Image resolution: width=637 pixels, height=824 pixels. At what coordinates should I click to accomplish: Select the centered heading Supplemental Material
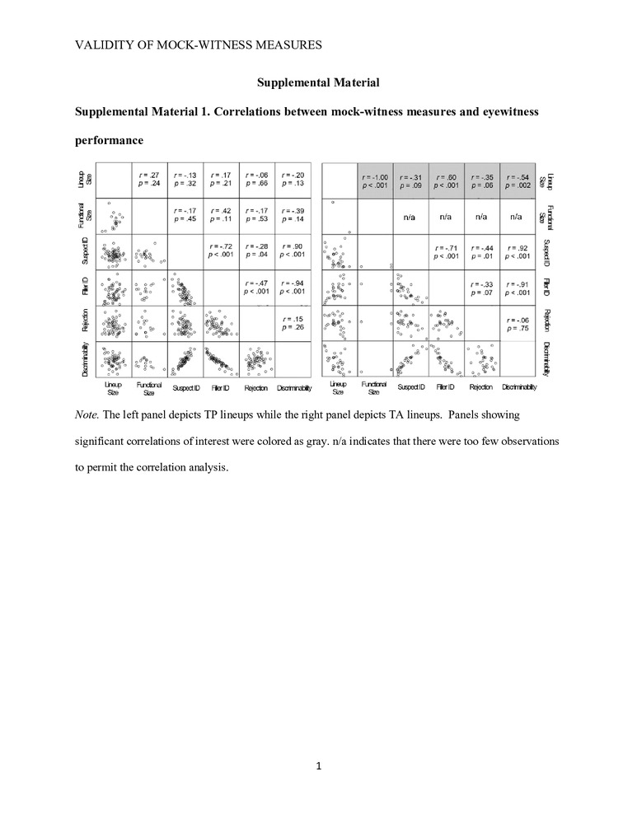pyautogui.click(x=318, y=82)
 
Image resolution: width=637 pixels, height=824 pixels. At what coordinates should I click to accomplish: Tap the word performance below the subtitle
pyautogui.click(x=110, y=141)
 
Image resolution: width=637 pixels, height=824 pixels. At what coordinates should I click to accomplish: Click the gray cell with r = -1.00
pyautogui.click(x=375, y=180)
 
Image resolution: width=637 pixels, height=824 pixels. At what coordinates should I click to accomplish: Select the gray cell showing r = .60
pyautogui.click(x=446, y=180)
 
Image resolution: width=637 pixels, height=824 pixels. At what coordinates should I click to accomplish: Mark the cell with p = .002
pyautogui.click(x=517, y=180)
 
